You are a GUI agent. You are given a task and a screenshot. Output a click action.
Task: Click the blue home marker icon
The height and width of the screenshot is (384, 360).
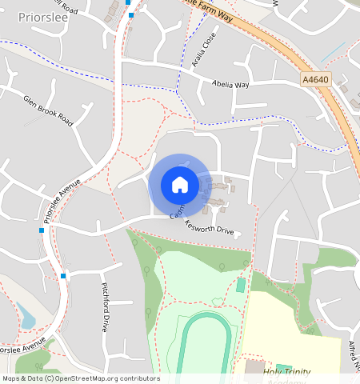point(180,185)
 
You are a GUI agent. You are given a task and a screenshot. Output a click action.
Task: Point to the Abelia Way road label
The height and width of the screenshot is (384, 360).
point(231,84)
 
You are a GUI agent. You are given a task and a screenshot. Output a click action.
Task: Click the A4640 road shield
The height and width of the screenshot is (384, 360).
point(315,80)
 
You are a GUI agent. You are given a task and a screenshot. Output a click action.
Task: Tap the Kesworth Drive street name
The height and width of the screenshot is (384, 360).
point(210,230)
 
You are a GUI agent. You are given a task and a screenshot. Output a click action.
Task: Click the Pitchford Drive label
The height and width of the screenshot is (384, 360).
point(105,306)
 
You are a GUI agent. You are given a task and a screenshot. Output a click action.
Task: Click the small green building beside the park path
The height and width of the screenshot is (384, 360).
point(241,286)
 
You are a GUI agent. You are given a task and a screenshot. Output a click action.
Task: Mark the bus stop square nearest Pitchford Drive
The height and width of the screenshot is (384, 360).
point(63,276)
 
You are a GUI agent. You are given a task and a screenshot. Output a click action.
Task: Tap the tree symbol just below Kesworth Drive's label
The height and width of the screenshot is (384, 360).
point(222,266)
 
